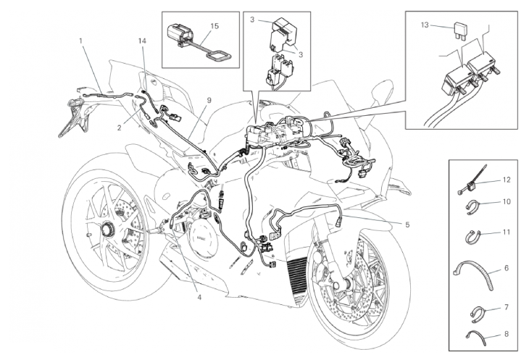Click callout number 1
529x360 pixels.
coord(80,41)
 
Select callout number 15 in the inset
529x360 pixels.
coord(214,25)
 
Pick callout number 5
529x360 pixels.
coord(407,225)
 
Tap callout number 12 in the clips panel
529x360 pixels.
coord(507,179)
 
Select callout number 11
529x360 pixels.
coord(507,233)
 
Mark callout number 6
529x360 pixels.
coord(507,268)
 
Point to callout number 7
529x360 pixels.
coord(507,308)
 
